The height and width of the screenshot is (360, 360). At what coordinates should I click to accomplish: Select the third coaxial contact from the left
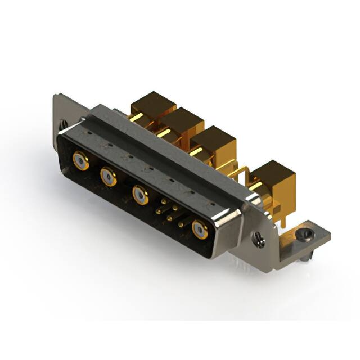click(140, 195)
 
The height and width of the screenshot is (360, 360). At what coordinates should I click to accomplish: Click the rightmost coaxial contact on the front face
click(199, 229)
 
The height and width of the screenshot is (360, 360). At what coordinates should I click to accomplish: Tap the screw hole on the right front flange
click(258, 239)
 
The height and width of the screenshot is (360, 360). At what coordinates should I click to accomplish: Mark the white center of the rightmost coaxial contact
click(199, 229)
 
